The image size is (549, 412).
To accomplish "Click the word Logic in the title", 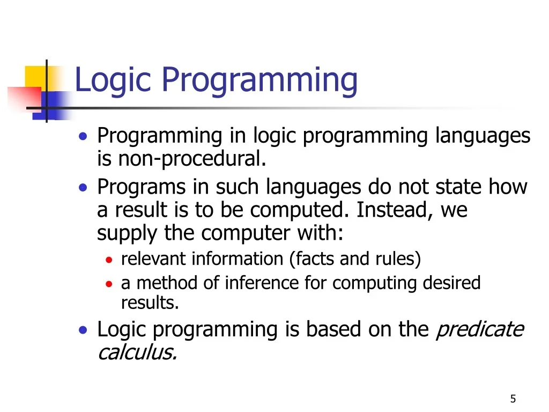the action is (x=113, y=80).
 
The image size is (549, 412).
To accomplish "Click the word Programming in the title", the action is (x=259, y=80).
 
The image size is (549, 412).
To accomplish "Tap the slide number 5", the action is (x=513, y=399).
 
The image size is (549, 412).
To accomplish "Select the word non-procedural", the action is (x=192, y=159).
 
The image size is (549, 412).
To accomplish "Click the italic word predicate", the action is (x=480, y=329).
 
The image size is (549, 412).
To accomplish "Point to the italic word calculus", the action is (x=137, y=352).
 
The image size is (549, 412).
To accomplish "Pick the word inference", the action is (x=262, y=283).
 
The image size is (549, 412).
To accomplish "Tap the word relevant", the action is (x=153, y=259).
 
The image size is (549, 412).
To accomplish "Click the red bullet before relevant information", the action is (x=109, y=260).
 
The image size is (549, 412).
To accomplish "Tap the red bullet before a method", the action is (x=109, y=284).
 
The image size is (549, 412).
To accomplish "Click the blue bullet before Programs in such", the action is (x=83, y=188).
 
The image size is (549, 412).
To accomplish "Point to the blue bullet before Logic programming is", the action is (x=83, y=330).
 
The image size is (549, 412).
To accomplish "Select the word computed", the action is (x=299, y=210).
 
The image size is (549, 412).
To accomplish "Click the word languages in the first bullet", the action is (x=483, y=136).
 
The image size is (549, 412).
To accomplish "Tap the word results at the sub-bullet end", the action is (x=150, y=303).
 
